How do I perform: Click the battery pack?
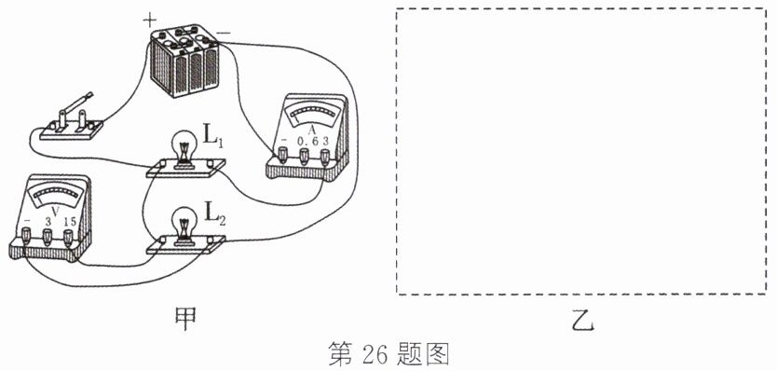click(x=184, y=61)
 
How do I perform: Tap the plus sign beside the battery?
click(x=149, y=20)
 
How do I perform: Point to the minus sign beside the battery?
click(x=224, y=34)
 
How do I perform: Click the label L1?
click(x=213, y=134)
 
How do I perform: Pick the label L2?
click(x=215, y=213)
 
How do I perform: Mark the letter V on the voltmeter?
click(x=56, y=213)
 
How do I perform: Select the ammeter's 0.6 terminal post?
click(x=304, y=157)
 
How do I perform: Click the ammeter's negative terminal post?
click(x=283, y=157)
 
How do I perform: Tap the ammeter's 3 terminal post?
click(x=324, y=157)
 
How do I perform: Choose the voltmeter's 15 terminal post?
click(x=68, y=237)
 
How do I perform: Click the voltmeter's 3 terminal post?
click(x=48, y=237)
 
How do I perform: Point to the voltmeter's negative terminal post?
click(x=27, y=237)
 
